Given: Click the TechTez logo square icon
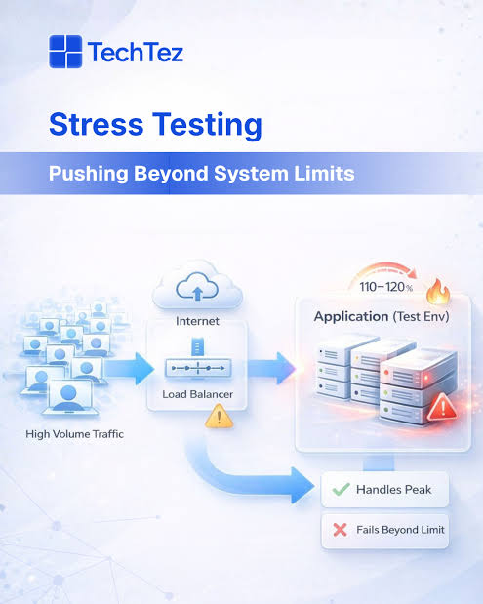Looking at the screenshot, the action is [x=65, y=52].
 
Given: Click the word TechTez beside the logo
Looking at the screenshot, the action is [x=136, y=52].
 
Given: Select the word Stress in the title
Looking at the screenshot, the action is [x=97, y=125].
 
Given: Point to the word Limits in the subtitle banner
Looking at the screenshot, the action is [x=324, y=173].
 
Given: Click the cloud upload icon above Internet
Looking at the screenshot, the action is [x=197, y=286].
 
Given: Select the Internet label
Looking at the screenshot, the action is [x=197, y=321].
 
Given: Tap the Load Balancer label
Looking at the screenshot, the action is [x=197, y=394].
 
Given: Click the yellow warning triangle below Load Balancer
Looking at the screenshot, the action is [x=220, y=417].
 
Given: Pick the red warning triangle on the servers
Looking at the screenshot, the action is [x=443, y=408].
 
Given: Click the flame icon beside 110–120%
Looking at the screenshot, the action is [x=438, y=291].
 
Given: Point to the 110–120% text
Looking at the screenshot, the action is [x=386, y=287].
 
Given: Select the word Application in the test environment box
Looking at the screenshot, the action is [x=351, y=316].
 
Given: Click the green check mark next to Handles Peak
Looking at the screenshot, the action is [x=341, y=489].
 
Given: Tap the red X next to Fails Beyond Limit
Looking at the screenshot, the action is [x=341, y=530].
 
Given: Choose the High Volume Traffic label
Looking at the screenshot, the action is [x=75, y=434].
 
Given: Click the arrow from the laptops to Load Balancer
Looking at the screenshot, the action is [x=129, y=369].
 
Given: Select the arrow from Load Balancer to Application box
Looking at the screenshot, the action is [x=271, y=368].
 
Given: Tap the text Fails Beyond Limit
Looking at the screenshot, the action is [x=401, y=530].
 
